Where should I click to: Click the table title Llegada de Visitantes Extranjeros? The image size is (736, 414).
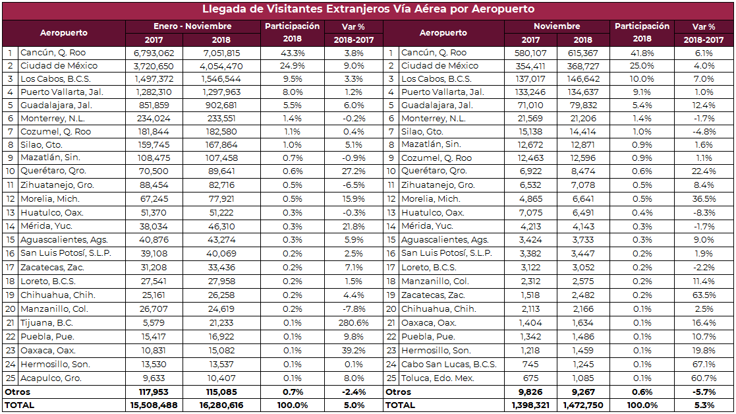point(368,9)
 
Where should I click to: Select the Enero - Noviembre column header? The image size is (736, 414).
point(192,26)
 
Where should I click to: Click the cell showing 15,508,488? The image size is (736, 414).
point(153,405)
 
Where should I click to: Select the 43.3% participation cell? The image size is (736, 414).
point(293,53)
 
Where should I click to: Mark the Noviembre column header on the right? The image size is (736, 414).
point(557,26)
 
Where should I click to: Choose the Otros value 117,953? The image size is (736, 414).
point(158,392)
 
